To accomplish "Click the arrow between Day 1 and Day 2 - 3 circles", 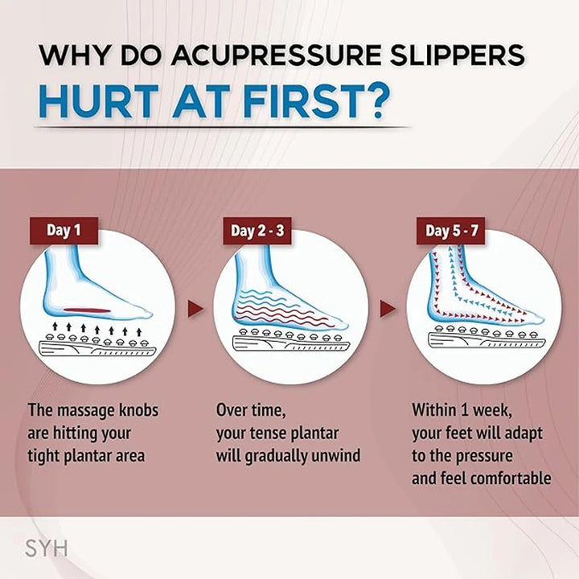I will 193,308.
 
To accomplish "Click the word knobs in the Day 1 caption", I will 138,410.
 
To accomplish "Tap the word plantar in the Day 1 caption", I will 95,455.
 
